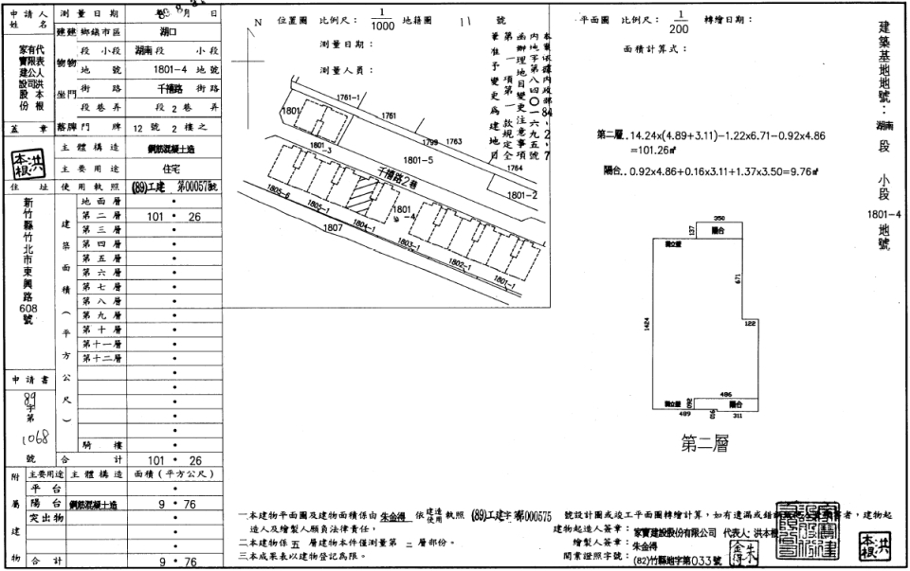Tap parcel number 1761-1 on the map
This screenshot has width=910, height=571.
point(350,98)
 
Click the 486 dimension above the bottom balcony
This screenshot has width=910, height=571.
point(726,393)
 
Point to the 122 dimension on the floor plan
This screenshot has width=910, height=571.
point(750,324)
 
